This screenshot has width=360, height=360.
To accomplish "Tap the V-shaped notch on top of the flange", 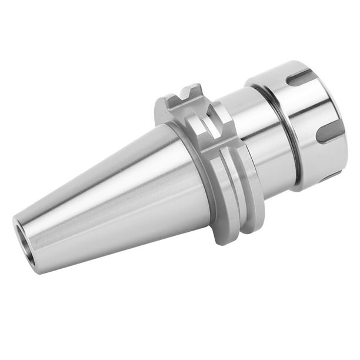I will click(189, 96).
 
